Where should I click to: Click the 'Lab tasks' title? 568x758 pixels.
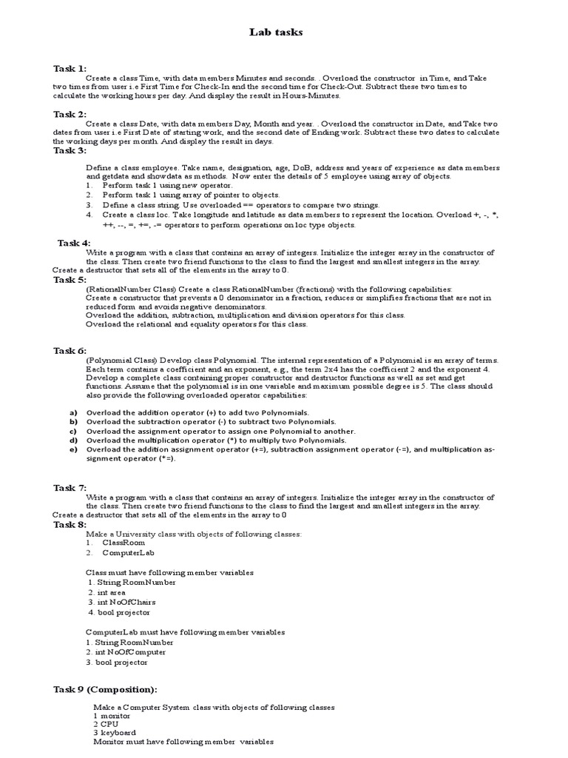point(278,33)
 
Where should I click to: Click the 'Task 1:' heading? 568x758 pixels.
point(70,69)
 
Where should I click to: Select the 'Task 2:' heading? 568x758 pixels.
point(70,114)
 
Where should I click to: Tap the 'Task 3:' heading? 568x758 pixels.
point(70,150)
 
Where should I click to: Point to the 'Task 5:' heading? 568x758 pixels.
point(70,280)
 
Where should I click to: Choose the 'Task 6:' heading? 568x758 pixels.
point(70,350)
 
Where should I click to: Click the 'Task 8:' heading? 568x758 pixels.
point(70,524)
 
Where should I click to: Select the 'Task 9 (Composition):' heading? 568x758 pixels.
point(104,689)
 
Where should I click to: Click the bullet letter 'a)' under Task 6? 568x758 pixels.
point(73,412)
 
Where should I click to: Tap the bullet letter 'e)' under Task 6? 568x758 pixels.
point(73,449)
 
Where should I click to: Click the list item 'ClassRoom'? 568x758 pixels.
point(124,543)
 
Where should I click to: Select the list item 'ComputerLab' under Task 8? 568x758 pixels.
point(129,552)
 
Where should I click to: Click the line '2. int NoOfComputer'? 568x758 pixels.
point(126,652)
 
